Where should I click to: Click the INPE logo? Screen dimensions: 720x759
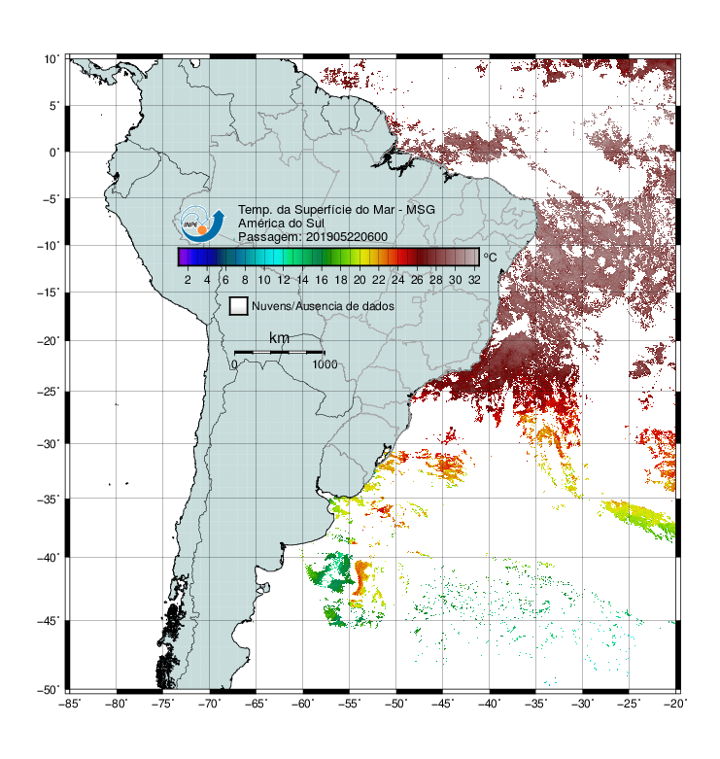click(202, 224)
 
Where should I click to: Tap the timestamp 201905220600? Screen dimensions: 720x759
click(347, 237)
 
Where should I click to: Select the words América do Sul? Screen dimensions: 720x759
click(281, 224)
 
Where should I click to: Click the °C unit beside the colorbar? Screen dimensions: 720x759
click(490, 257)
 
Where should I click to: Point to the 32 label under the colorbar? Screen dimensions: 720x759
click(474, 280)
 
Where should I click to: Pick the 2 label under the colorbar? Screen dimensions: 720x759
click(188, 280)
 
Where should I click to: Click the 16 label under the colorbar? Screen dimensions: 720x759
click(322, 280)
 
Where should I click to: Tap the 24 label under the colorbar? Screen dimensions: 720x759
click(397, 280)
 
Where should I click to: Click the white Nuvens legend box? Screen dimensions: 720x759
click(239, 306)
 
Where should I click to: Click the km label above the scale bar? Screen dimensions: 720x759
click(279, 338)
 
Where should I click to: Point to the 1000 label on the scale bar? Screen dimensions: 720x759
click(325, 364)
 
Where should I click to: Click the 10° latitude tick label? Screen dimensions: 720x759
click(51, 59)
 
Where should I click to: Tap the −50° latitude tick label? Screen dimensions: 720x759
click(49, 690)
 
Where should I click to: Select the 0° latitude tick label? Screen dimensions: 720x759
click(54, 153)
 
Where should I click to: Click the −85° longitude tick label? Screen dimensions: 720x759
click(70, 704)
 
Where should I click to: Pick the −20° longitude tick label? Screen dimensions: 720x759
click(675, 704)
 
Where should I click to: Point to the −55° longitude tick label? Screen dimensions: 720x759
click(350, 704)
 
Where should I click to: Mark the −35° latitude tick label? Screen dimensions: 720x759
click(49, 500)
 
